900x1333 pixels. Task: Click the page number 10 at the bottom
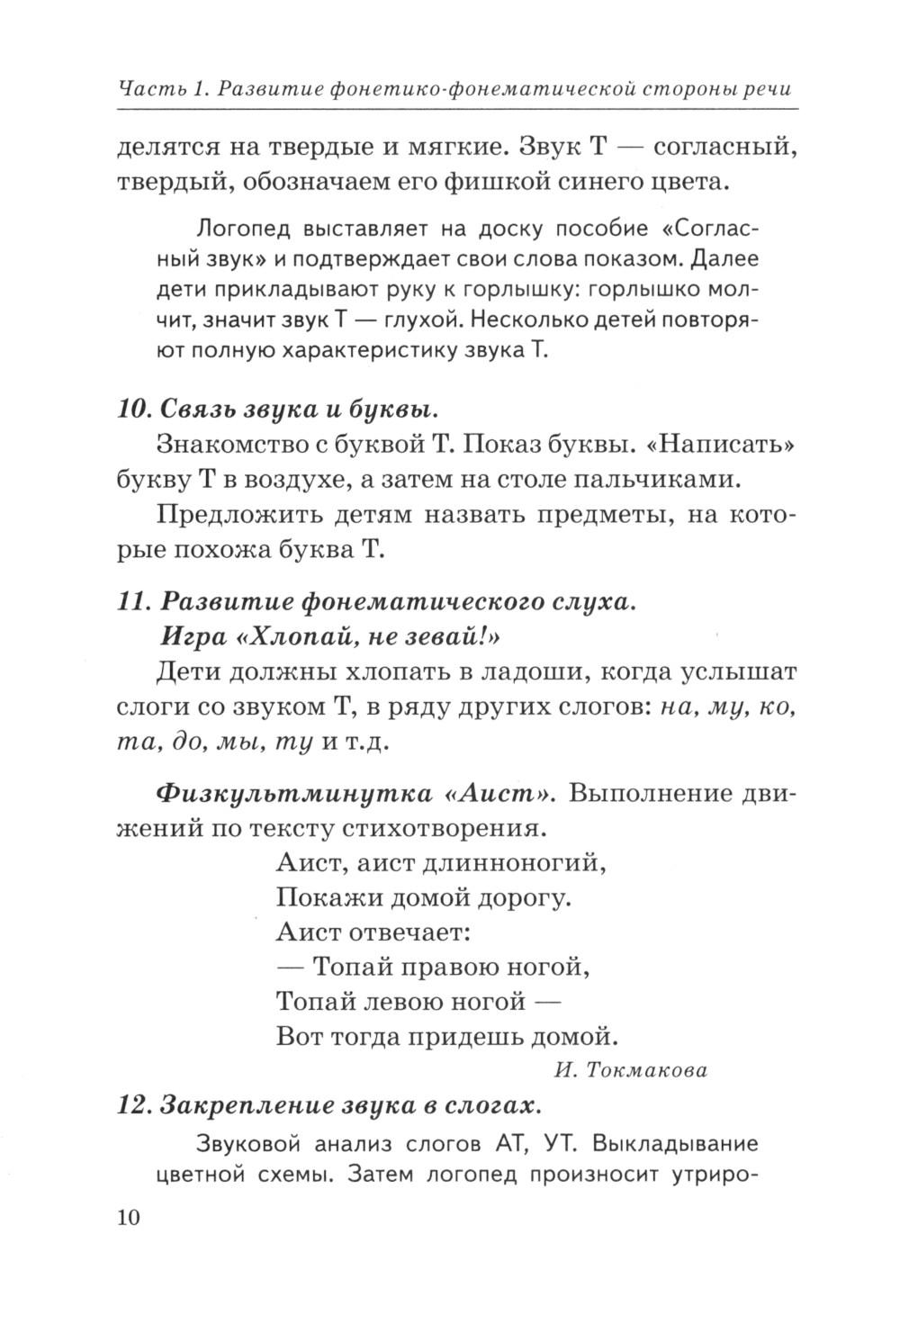(x=129, y=1219)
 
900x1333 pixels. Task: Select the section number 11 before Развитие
(x=132, y=602)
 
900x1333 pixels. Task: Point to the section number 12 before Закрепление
(x=133, y=1105)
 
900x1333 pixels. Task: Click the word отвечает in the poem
(x=413, y=932)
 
